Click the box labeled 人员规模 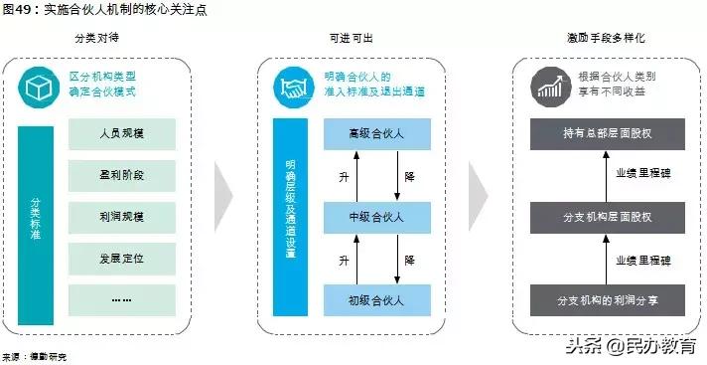(122, 133)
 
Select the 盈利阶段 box (122, 175)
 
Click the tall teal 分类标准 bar (36, 225)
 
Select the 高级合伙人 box (376, 133)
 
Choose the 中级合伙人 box (376, 217)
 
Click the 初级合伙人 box (376, 298)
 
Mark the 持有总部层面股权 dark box (607, 133)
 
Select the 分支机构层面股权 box (607, 215)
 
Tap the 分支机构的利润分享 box (607, 298)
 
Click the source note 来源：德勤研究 (32, 355)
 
